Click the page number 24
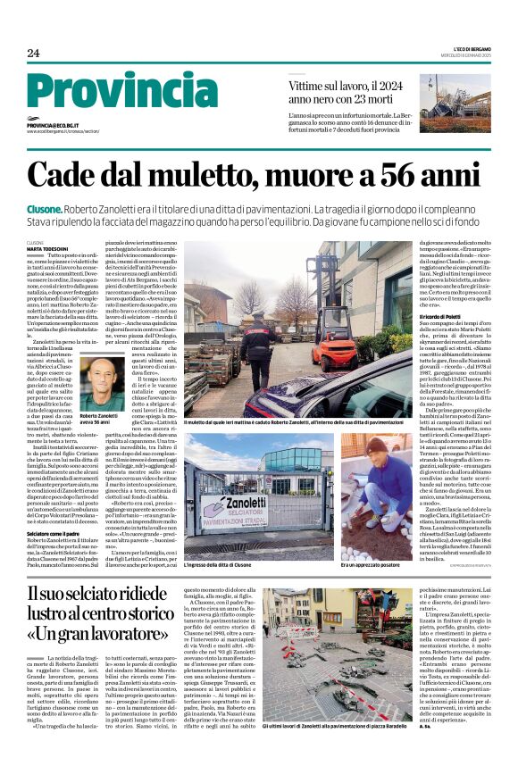pyautogui.click(x=33, y=54)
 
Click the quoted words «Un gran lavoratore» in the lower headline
pyautogui.click(x=90, y=634)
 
